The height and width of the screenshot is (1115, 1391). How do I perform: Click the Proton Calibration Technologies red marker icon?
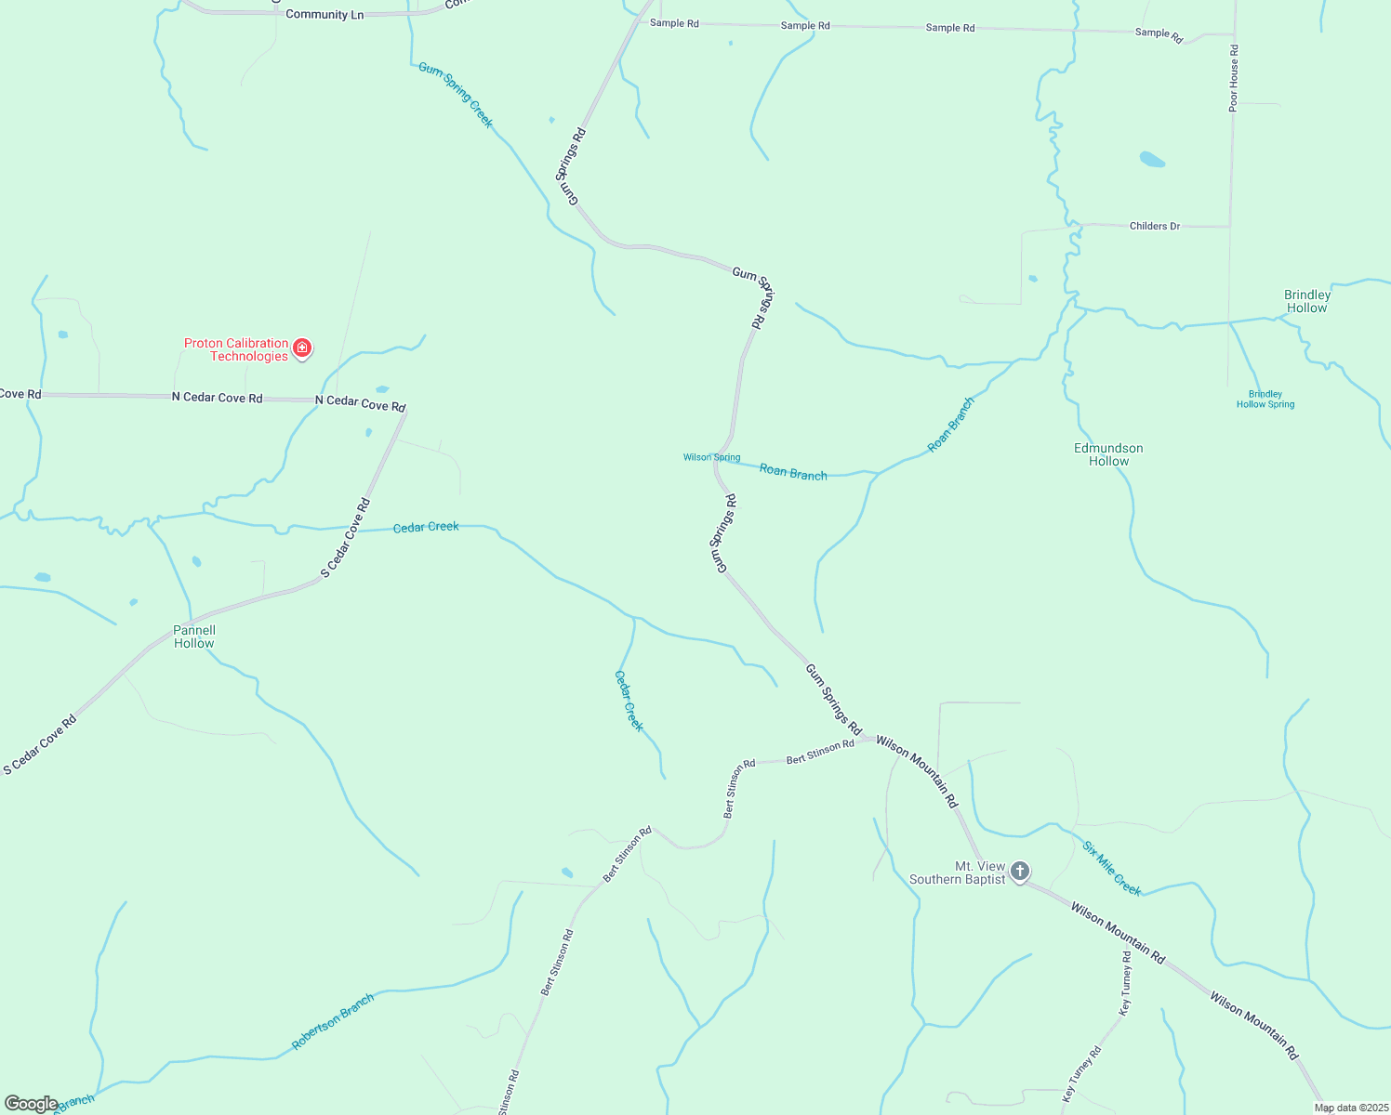pyautogui.click(x=302, y=348)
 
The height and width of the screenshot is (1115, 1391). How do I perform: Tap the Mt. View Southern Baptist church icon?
pyautogui.click(x=1020, y=872)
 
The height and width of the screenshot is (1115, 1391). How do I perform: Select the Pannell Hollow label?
pyautogui.click(x=194, y=636)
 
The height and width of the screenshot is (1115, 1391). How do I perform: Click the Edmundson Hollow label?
pyautogui.click(x=1108, y=454)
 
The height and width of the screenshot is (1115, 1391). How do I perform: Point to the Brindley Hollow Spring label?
pyautogui.click(x=1265, y=400)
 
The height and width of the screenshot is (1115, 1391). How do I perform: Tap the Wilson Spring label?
pyautogui.click(x=711, y=457)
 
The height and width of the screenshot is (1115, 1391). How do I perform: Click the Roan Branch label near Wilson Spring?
pyautogui.click(x=793, y=472)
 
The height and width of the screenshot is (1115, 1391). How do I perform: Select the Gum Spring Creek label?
pyautogui.click(x=456, y=95)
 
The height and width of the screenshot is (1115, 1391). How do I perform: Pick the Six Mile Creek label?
pyautogui.click(x=1112, y=868)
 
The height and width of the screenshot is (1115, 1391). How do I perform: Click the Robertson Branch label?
pyautogui.click(x=333, y=1021)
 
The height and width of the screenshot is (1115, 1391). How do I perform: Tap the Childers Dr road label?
pyautogui.click(x=1155, y=226)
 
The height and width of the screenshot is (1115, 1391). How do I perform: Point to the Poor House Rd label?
pyautogui.click(x=1234, y=79)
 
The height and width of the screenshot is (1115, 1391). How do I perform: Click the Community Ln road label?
pyautogui.click(x=325, y=15)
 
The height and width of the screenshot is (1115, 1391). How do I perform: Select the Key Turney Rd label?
pyautogui.click(x=1126, y=982)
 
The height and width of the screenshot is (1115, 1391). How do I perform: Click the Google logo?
pyautogui.click(x=31, y=1104)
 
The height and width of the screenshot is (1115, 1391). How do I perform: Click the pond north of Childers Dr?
pyautogui.click(x=1152, y=159)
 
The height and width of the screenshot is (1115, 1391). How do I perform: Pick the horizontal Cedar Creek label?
pyautogui.click(x=426, y=527)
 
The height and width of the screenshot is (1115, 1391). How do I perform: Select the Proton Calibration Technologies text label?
pyautogui.click(x=236, y=349)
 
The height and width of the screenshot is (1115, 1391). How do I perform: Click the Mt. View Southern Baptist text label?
pyautogui.click(x=958, y=872)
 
